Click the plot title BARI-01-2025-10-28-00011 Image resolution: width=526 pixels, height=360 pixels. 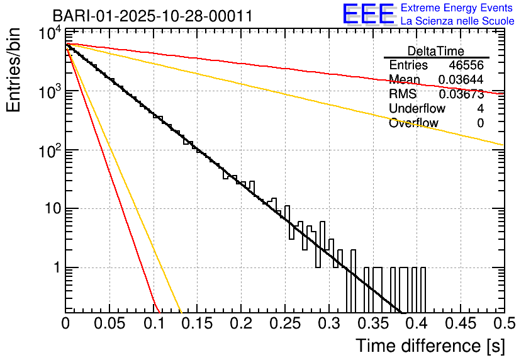click(x=153, y=16)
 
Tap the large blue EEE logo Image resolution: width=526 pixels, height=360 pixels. click(x=368, y=14)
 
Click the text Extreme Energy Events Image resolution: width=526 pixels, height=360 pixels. click(x=457, y=8)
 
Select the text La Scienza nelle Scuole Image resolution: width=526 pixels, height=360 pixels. click(x=457, y=21)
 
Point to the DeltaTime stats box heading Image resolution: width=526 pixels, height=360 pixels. click(x=436, y=51)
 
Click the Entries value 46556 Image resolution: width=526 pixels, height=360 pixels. click(x=466, y=65)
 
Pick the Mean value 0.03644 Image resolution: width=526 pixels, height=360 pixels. click(x=461, y=80)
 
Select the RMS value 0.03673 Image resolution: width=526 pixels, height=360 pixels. click(x=461, y=94)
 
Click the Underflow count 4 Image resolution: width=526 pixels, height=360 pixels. click(x=480, y=109)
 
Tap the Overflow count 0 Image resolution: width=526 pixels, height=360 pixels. click(x=480, y=123)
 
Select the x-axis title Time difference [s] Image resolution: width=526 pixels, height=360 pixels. click(x=430, y=346)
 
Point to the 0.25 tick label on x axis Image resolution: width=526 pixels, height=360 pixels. click(x=284, y=324)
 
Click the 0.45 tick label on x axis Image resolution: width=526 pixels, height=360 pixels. click(x=459, y=324)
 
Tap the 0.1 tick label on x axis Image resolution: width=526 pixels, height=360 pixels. click(x=153, y=324)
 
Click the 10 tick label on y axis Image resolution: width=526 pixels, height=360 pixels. click(x=52, y=209)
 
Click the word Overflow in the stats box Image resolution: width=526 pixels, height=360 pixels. click(x=413, y=123)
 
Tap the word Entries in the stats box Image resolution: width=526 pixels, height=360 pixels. click(x=408, y=65)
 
